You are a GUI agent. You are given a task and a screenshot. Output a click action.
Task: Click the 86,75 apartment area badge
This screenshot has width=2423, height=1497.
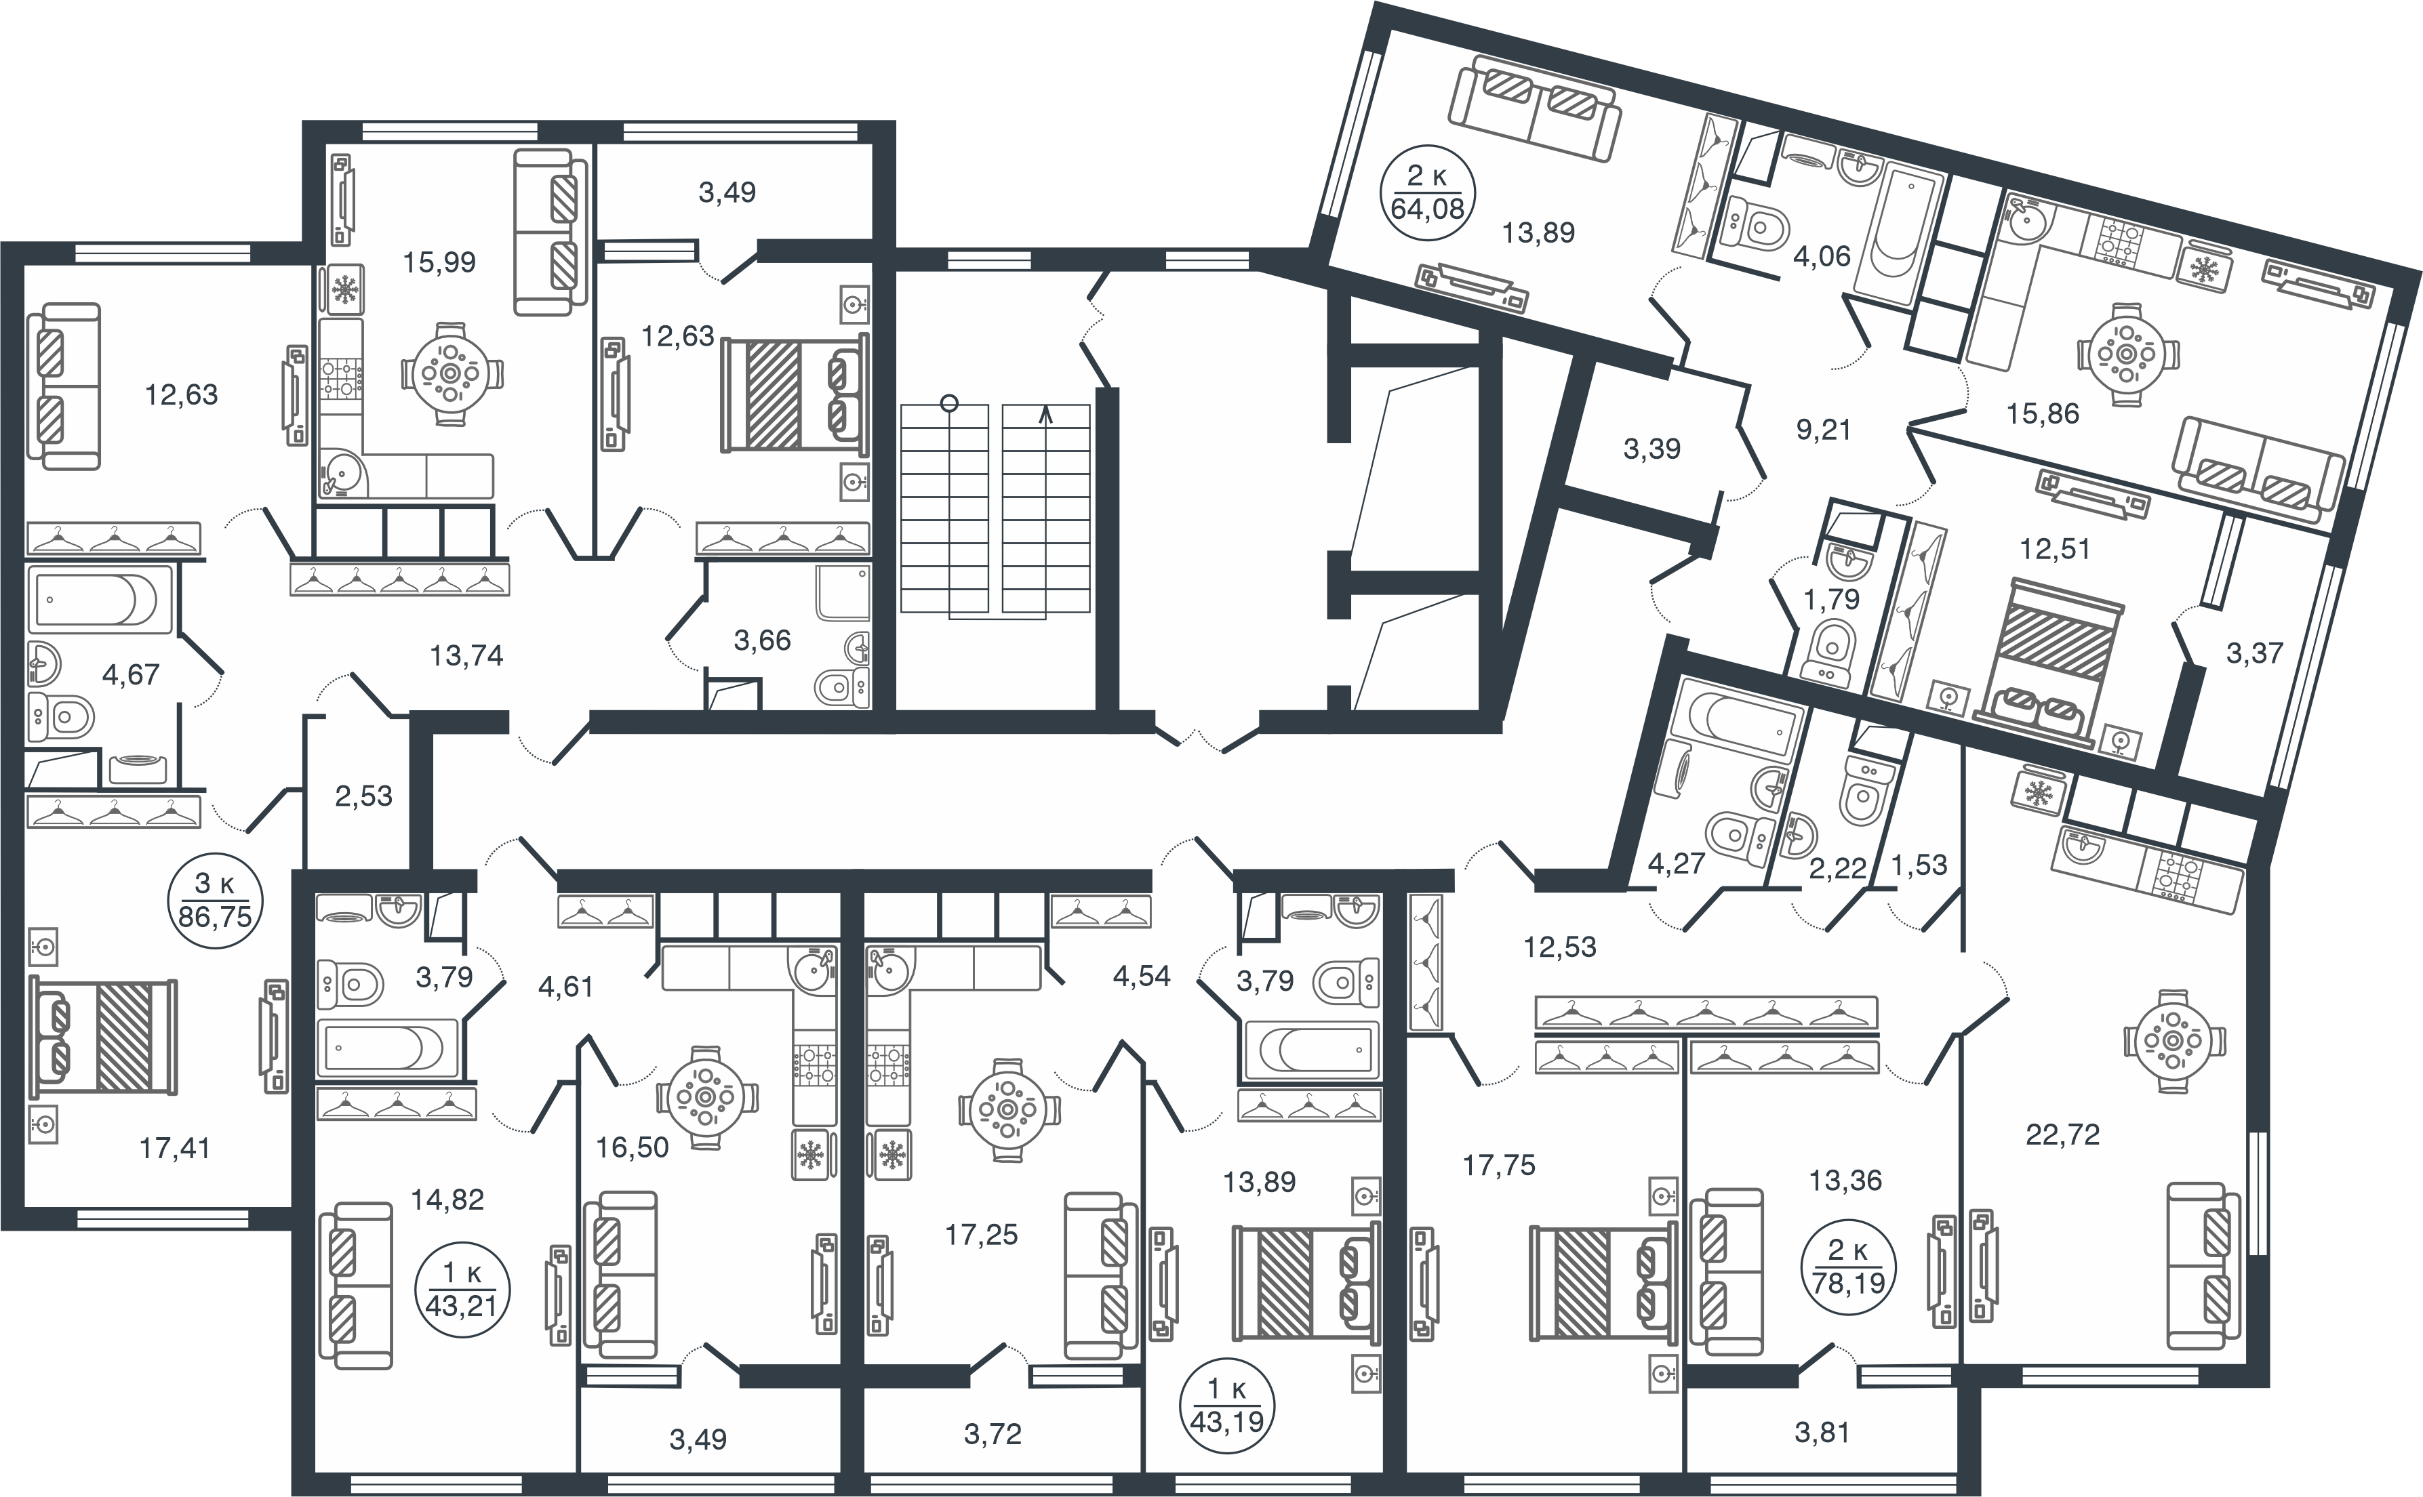(215, 900)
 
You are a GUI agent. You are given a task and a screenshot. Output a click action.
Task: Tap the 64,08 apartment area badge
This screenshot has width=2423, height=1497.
(1427, 192)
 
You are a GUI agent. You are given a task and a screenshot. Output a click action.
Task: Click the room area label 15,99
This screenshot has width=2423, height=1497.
(439, 262)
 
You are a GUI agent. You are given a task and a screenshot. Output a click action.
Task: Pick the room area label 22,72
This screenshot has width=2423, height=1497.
(2062, 1134)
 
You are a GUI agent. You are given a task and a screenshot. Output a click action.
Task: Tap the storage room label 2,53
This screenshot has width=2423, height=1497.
(363, 796)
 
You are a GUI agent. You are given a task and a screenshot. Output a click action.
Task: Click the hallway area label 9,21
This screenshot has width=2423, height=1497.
(1823, 430)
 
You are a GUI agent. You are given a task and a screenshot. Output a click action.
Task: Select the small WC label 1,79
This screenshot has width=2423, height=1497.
(1832, 599)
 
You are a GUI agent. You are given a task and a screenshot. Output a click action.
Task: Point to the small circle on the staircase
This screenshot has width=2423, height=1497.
(950, 403)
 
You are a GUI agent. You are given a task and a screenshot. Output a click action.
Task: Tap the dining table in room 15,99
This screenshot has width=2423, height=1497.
(452, 374)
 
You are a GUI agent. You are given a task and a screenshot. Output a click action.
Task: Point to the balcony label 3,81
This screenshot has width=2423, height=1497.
(1822, 1432)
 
